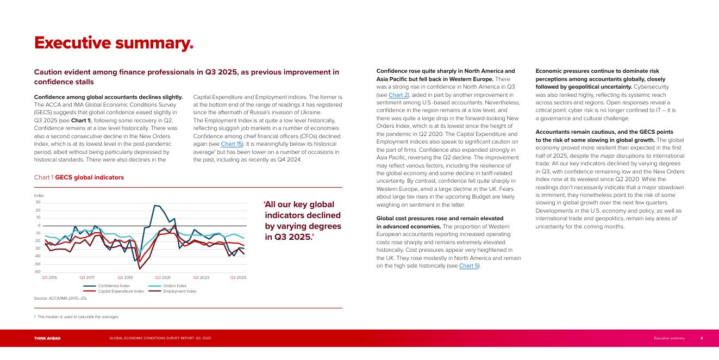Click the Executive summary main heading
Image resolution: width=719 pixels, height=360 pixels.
[x=114, y=42]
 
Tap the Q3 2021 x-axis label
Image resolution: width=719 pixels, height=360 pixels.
[x=162, y=277]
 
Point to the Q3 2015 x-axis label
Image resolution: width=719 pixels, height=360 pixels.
[x=49, y=277]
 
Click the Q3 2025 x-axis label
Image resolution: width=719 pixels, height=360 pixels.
[x=238, y=277]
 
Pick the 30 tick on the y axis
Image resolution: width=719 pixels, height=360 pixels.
[x=38, y=202]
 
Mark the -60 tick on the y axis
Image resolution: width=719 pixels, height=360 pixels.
[x=37, y=271]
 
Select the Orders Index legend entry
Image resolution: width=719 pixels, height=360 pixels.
[x=174, y=285]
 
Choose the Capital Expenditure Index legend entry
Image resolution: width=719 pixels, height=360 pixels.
[x=121, y=291]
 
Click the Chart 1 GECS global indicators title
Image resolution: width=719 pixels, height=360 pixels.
[x=79, y=177]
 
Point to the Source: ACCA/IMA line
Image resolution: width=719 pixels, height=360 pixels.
[x=60, y=298]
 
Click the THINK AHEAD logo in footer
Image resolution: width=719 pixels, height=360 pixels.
[x=47, y=338]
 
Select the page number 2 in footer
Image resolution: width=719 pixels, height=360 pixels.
[x=702, y=338]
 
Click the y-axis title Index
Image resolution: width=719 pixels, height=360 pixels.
[x=39, y=195]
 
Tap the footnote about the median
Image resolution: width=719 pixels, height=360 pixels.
[x=77, y=316]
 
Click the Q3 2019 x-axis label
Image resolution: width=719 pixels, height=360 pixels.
[x=125, y=277]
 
